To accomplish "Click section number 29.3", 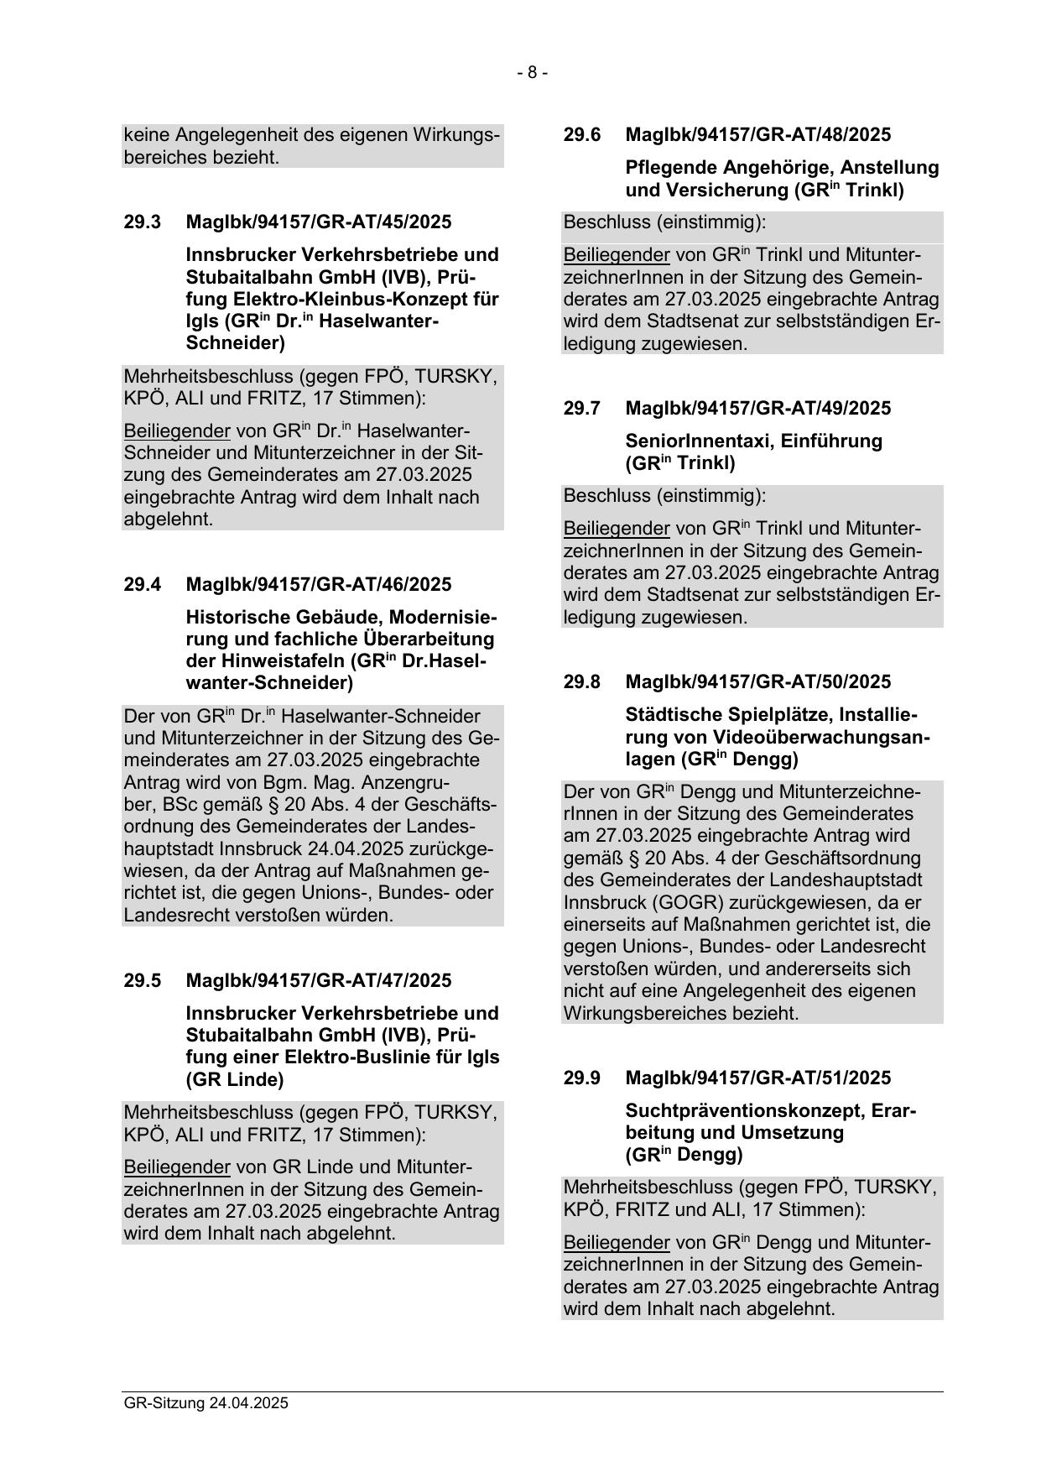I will [x=142, y=222].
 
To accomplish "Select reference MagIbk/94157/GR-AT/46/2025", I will [x=318, y=584].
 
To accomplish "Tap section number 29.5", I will [x=142, y=980].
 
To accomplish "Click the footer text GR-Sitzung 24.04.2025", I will [x=206, y=1403].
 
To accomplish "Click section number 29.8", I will [x=581, y=682].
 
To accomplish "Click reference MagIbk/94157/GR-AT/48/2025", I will [x=757, y=135].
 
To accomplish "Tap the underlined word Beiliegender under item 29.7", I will [x=617, y=529].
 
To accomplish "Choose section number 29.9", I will [x=581, y=1078].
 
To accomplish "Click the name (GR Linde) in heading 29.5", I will [x=235, y=1079].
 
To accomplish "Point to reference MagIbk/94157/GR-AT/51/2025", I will [x=757, y=1078].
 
